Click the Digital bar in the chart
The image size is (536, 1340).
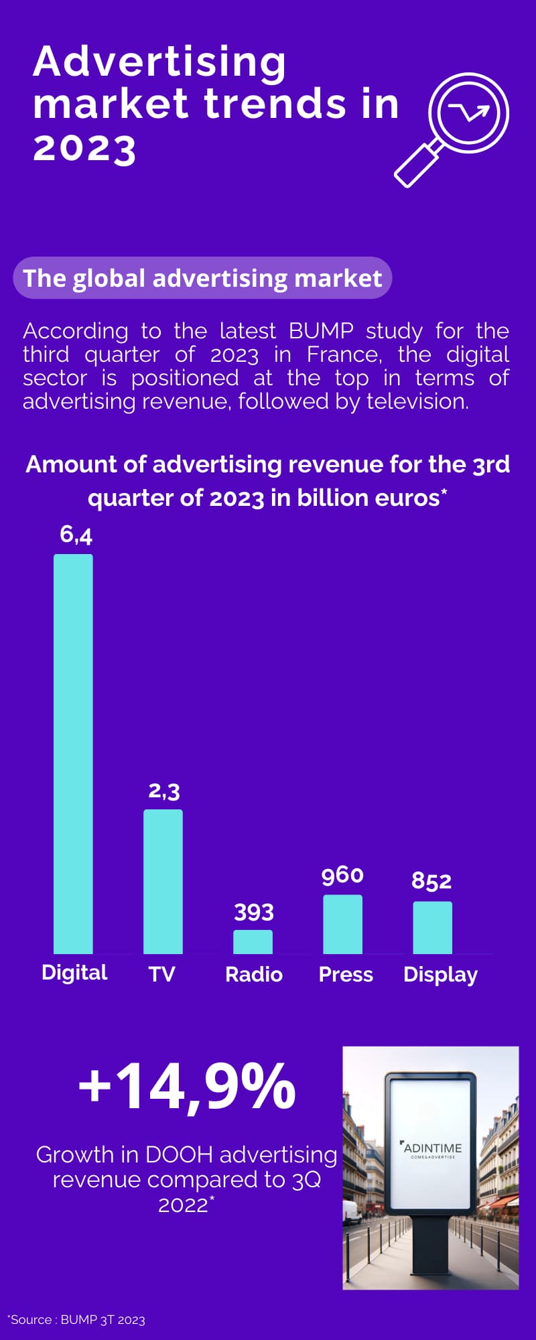click(73, 754)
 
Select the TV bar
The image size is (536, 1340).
click(163, 881)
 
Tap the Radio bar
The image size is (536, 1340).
click(253, 941)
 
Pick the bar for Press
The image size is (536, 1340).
click(342, 924)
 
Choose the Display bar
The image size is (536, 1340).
click(432, 927)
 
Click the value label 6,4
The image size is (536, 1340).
click(76, 534)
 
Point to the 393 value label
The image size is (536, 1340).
click(253, 912)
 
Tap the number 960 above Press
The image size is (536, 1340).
click(342, 875)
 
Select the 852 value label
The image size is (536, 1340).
click(431, 881)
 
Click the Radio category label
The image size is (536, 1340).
click(253, 974)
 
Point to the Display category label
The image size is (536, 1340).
click(440, 975)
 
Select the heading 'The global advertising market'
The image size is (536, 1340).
click(202, 278)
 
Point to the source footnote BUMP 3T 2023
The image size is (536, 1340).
click(77, 1320)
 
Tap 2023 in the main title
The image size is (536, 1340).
click(84, 148)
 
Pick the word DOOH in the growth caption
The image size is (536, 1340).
click(179, 1155)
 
